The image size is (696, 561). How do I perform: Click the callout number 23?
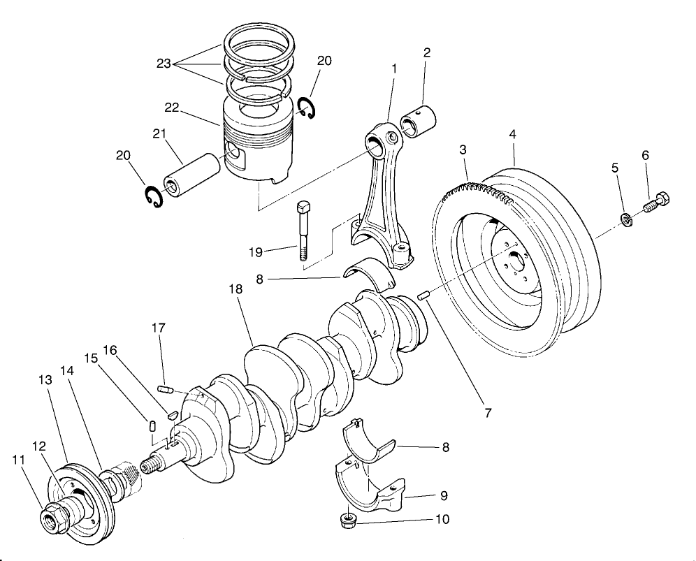[164, 64]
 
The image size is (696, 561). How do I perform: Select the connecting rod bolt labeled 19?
[304, 231]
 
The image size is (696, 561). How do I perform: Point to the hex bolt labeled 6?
[657, 203]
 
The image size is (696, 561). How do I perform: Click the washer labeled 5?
[628, 221]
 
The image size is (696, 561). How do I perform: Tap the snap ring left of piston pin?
[152, 196]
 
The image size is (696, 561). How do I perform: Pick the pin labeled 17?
[165, 389]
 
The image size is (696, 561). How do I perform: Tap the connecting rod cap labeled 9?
[374, 489]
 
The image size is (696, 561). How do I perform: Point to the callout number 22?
[172, 108]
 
